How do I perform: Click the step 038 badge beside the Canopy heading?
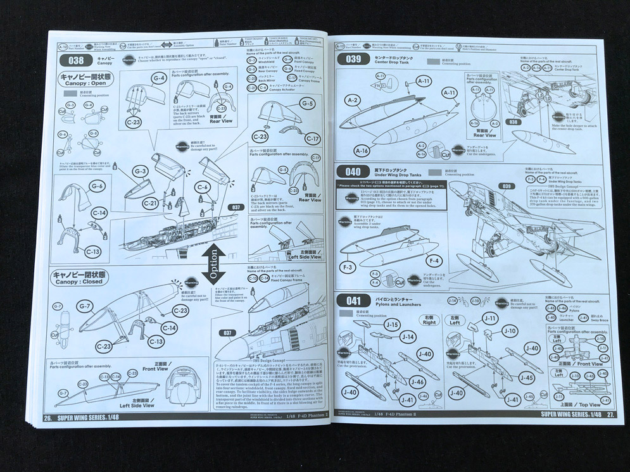click(71, 61)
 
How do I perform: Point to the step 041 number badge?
click(350, 301)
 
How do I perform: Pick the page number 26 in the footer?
click(47, 417)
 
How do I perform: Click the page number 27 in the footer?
click(609, 414)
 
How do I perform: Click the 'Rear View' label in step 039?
click(484, 135)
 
